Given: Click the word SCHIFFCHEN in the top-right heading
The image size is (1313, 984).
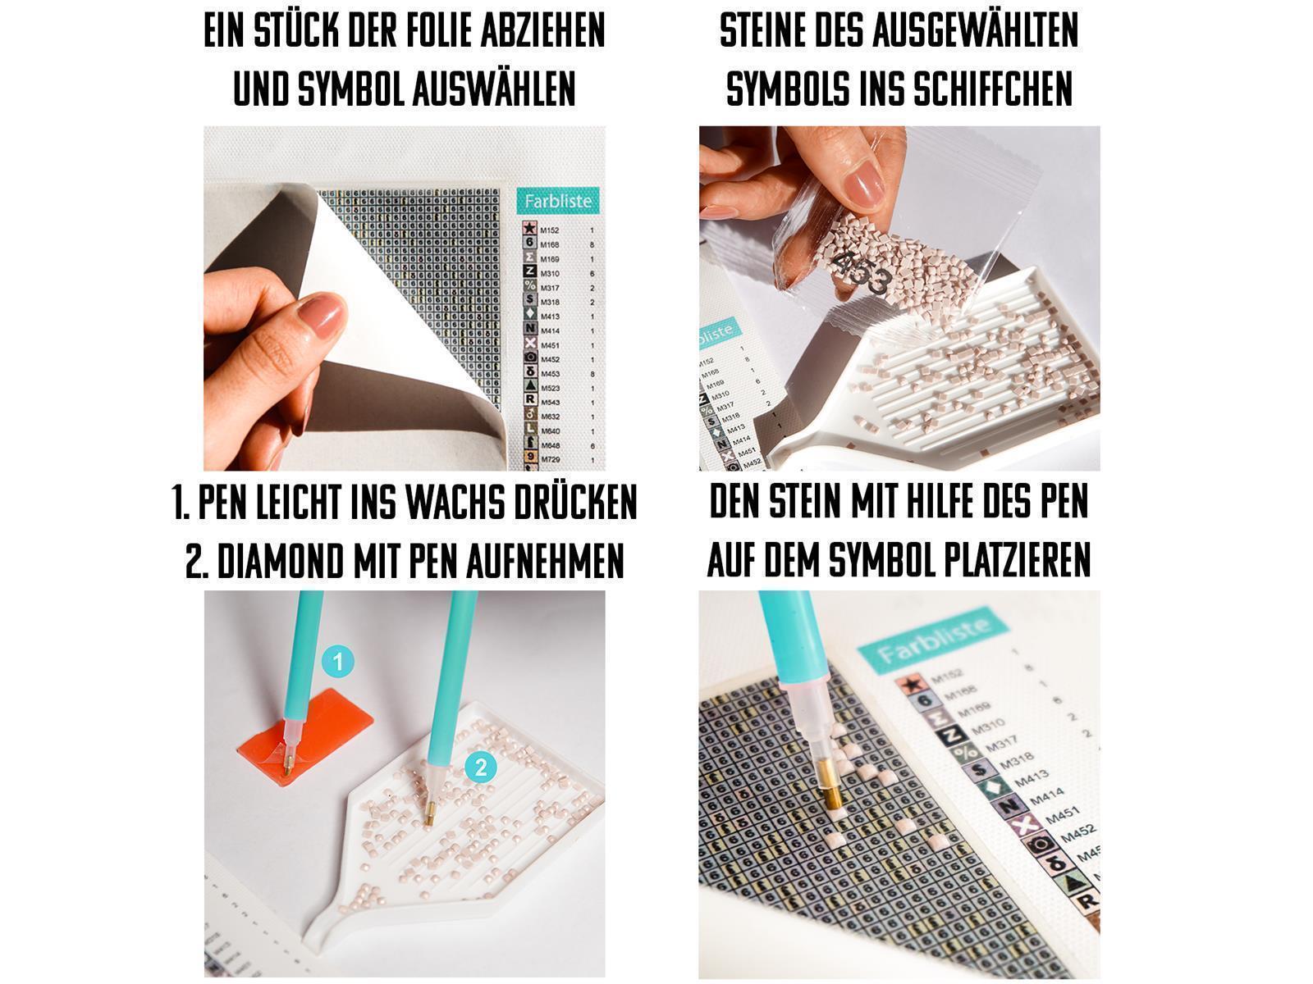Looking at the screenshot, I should pos(991,89).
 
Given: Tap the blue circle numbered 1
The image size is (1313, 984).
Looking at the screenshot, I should pos(337,661).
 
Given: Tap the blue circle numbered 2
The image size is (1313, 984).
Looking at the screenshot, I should pos(481,768).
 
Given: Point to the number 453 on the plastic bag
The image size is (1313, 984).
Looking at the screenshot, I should pos(862,274).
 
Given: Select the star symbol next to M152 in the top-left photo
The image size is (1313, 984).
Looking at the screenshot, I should pos(530,230).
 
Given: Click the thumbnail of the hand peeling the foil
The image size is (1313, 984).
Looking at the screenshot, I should pos(404,298).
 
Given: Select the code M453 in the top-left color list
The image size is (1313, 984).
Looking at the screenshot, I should pos(550,374).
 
